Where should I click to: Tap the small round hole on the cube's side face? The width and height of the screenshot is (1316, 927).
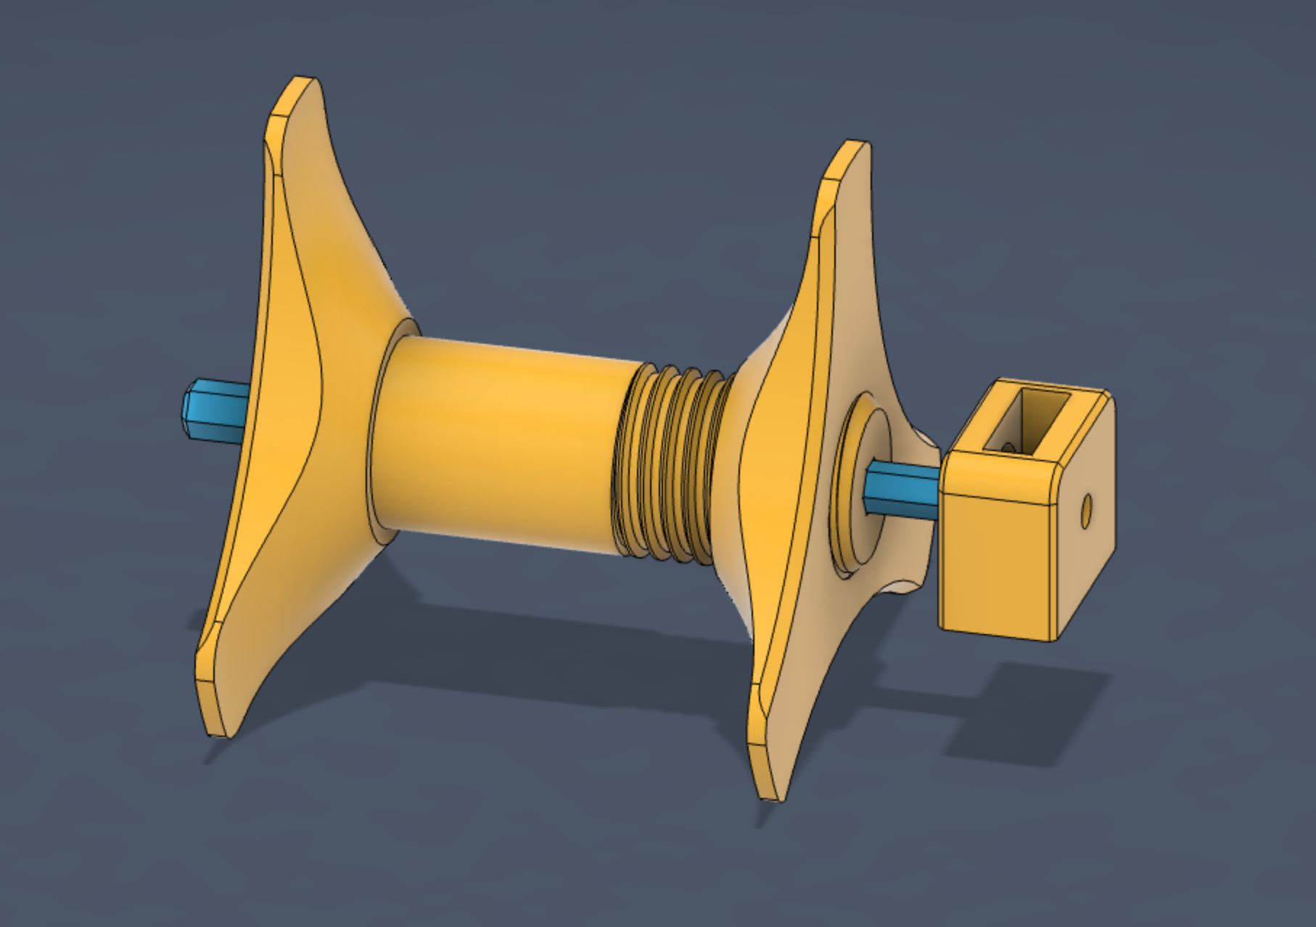click(1086, 512)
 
